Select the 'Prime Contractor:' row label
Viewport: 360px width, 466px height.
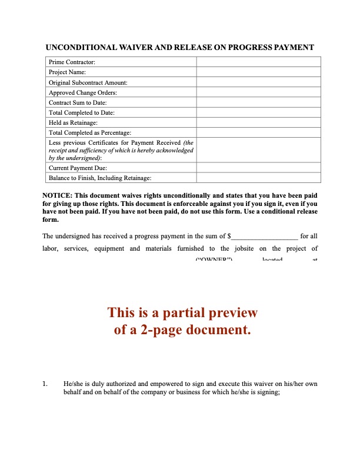[72, 62]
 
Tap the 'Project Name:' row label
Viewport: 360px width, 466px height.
[68, 72]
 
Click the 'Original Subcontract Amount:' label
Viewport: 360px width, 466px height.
[88, 82]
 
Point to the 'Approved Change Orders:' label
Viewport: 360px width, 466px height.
[82, 92]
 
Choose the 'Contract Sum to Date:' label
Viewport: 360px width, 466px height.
[78, 102]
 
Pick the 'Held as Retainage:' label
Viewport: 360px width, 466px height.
[73, 122]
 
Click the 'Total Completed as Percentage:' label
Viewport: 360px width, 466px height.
[90, 132]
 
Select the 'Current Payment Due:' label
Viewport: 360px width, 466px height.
[78, 168]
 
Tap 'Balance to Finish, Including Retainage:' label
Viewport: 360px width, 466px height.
[100, 178]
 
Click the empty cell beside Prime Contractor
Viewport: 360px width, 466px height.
[258, 62]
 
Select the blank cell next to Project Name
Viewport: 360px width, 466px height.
[258, 72]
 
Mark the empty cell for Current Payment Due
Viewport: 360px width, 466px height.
[258, 168]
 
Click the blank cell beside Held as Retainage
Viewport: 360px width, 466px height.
[258, 122]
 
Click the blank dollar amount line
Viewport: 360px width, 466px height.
[265, 237]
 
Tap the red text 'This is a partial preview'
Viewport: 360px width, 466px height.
[182, 313]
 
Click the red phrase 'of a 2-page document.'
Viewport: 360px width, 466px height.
[182, 330]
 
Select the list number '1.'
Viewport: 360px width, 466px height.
[45, 384]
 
